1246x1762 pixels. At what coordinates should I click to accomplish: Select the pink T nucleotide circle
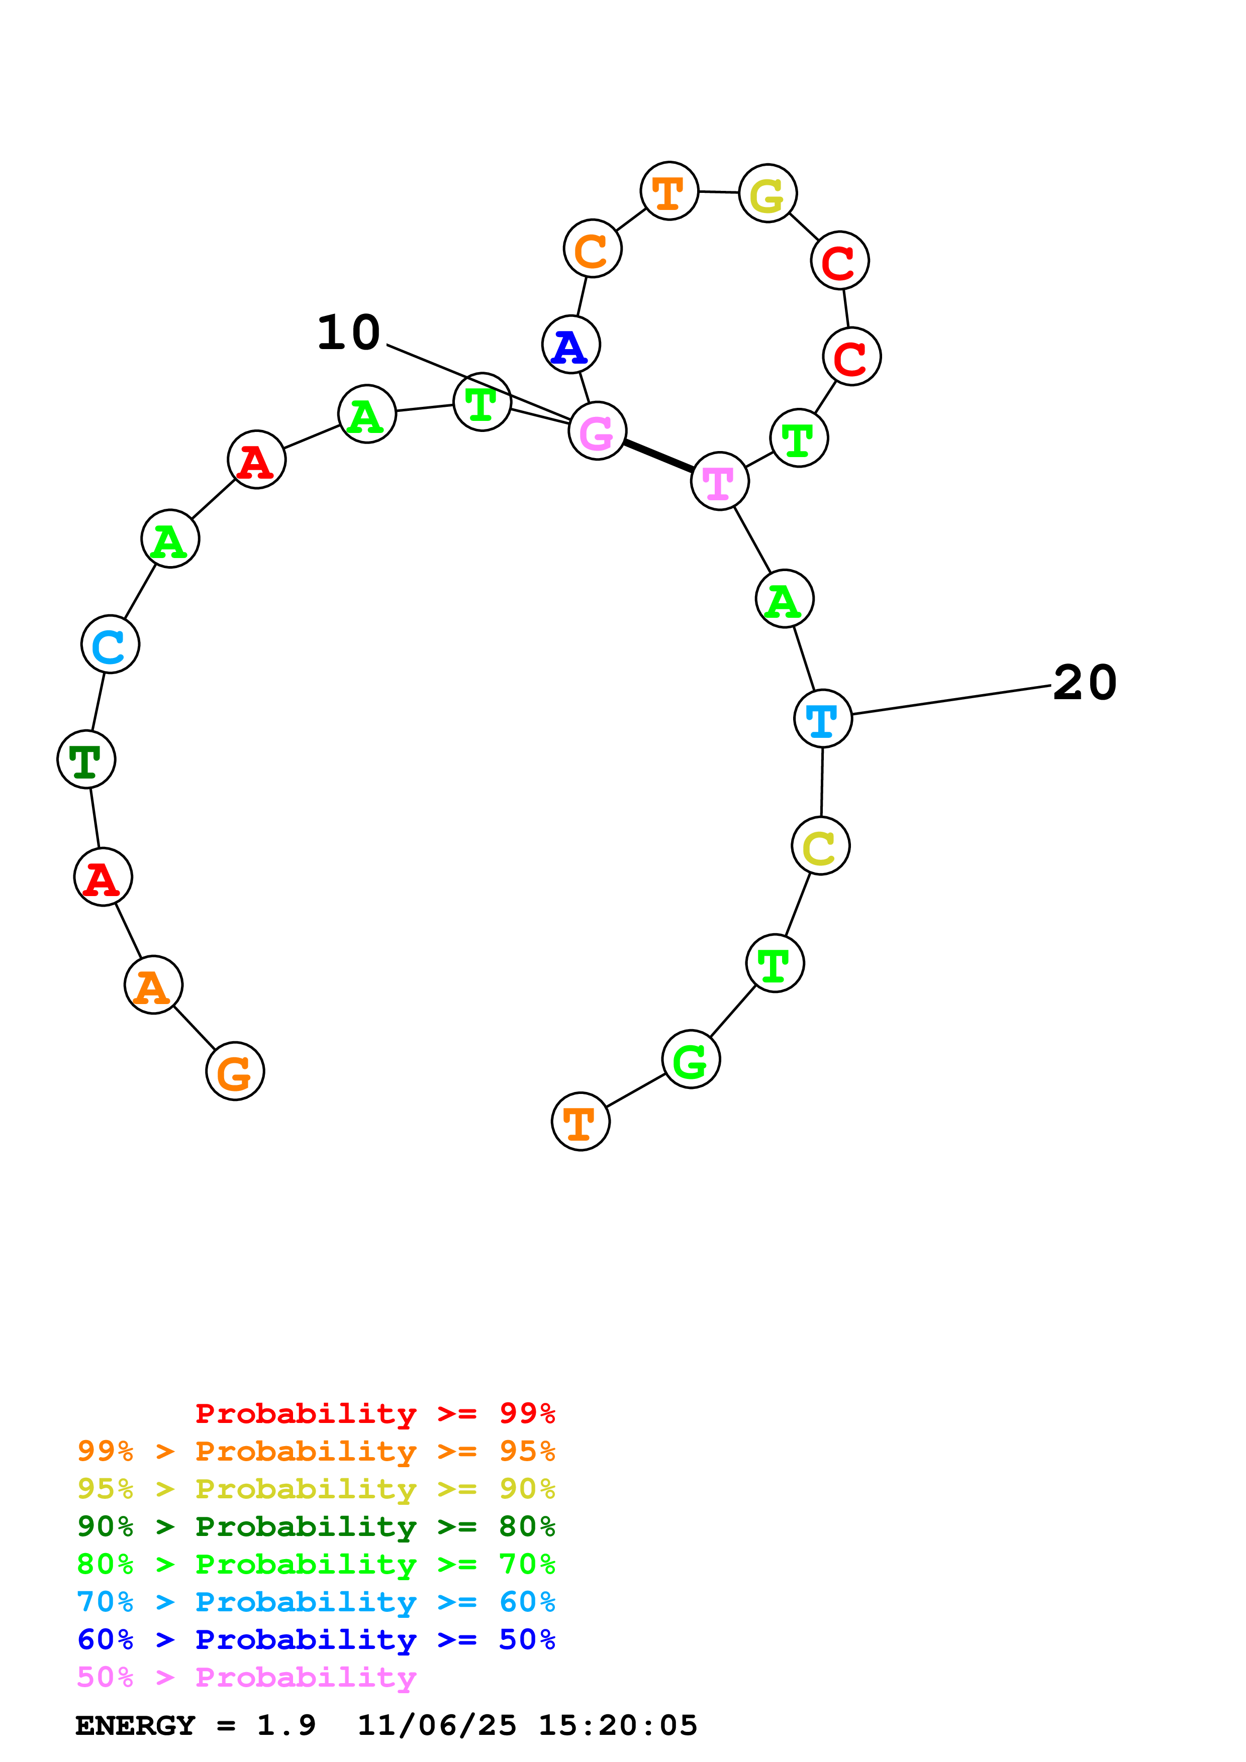(x=719, y=481)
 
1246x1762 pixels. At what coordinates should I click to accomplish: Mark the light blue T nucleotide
(x=822, y=718)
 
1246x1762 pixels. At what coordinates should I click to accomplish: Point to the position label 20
(x=1084, y=682)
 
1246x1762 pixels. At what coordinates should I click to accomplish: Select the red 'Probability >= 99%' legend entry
(x=374, y=1413)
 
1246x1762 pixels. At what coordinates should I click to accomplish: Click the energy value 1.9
(x=285, y=1725)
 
